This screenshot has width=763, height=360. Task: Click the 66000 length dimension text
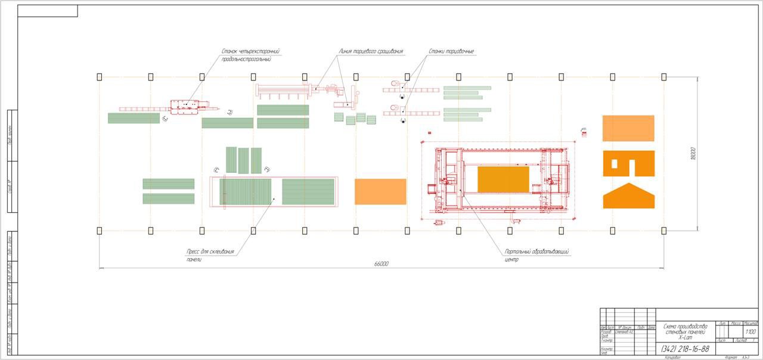(381, 263)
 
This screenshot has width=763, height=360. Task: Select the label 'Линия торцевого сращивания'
(370, 52)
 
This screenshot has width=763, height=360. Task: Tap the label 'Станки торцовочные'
(451, 52)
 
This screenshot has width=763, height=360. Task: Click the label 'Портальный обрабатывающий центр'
(536, 256)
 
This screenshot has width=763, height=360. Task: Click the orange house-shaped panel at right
(628, 197)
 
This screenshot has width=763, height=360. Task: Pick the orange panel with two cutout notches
(628, 163)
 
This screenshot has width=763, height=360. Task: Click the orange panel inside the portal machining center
(503, 179)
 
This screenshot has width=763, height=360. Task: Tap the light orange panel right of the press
(380, 192)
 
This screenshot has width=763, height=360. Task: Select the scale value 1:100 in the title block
(750, 331)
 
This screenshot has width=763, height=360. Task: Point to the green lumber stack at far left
(134, 118)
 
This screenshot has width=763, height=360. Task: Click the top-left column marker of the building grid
(99, 77)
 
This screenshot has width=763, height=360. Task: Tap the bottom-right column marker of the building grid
(663, 230)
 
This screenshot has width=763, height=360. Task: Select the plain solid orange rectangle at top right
(628, 128)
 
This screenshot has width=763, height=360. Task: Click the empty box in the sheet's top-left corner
(48, 11)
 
